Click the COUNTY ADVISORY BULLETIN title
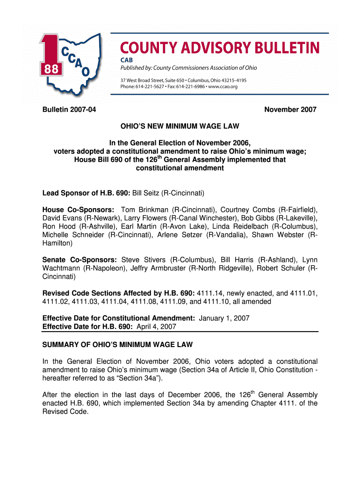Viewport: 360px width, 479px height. pos(220,48)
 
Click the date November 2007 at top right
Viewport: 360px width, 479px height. pos(290,109)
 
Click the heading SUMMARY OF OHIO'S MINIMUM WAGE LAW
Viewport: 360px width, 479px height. pos(117,345)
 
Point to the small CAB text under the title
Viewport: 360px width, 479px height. pos(121,59)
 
